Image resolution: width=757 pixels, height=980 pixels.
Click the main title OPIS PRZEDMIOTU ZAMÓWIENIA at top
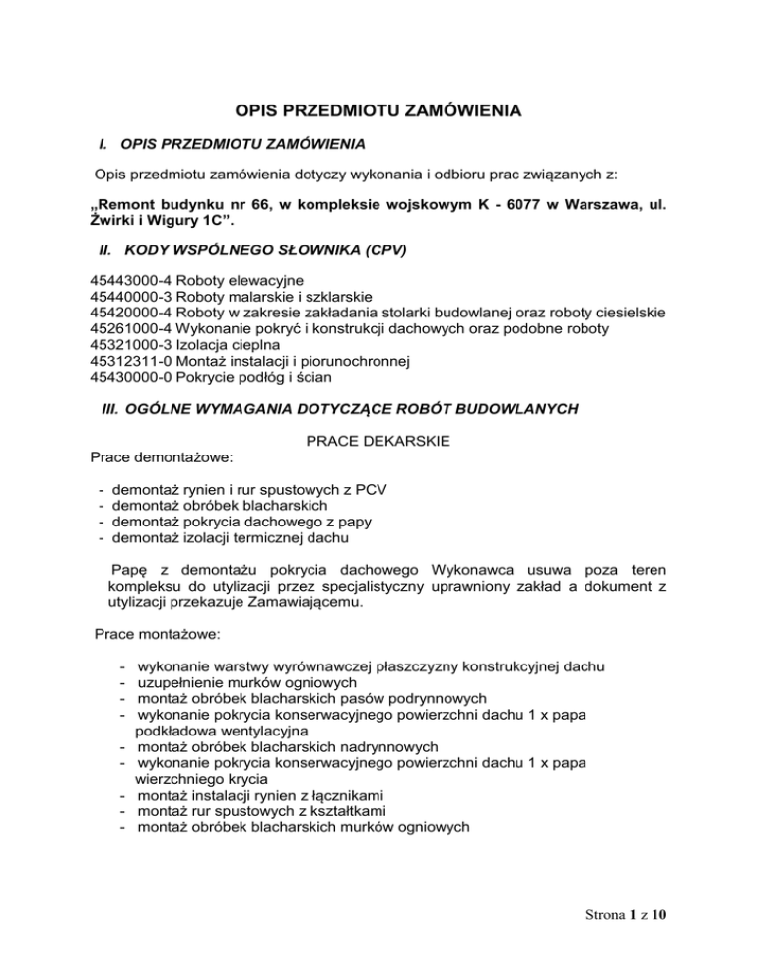coord(378,111)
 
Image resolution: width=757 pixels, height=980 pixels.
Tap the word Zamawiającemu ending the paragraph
coord(308,606)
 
